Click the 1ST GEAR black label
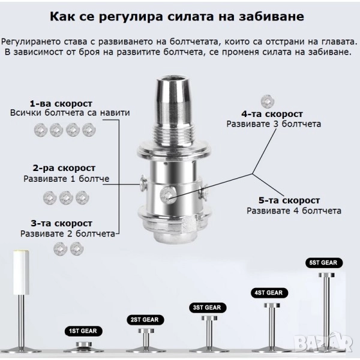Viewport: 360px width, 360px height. pos(83,331)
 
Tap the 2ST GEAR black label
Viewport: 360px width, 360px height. pos(145,320)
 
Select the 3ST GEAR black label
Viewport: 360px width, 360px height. pos(208,307)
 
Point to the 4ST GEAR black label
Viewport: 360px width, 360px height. pos(269,293)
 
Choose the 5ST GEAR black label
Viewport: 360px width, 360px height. pos(324,263)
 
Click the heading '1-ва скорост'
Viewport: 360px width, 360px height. pos(61,104)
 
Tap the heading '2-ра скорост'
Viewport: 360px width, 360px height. pos(64,168)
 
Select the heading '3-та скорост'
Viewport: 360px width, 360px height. pos(62,223)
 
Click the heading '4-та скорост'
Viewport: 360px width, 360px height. pos(272,114)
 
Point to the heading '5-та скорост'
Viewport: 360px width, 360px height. pos(289,200)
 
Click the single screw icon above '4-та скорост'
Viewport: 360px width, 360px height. pos(268,101)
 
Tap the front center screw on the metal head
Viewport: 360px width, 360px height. pos(168,195)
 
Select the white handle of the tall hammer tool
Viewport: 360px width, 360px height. pos(21,272)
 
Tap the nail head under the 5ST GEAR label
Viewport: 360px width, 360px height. pos(327,275)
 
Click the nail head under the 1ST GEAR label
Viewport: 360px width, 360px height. pos(84,344)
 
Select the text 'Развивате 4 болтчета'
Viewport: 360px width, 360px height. pos(294,211)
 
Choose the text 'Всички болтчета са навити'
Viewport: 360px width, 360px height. pos(70,113)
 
